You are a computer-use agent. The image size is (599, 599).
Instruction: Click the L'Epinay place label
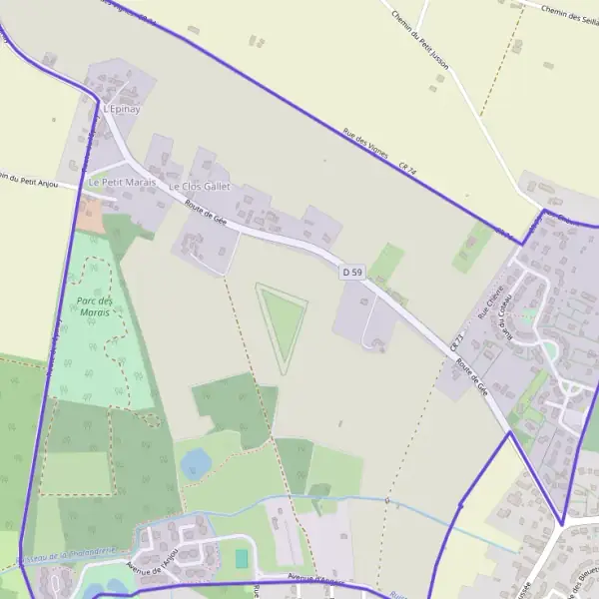click(120, 108)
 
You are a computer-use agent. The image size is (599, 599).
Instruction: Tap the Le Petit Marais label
click(122, 183)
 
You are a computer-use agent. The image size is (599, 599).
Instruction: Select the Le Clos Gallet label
click(199, 187)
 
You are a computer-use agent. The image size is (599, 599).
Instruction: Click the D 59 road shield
click(351, 272)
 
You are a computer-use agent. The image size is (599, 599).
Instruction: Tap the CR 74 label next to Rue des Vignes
click(405, 169)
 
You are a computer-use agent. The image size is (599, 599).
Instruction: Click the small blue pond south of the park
click(197, 463)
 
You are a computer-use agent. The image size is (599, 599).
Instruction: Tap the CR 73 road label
click(457, 342)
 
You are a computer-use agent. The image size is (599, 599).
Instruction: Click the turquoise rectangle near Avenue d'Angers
click(241, 557)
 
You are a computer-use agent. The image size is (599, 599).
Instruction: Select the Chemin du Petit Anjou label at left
click(36, 180)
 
